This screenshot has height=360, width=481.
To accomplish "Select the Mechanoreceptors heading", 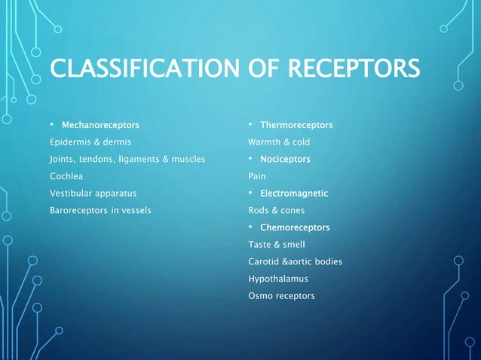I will (x=100, y=124).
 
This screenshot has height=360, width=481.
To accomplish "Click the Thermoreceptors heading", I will (x=296, y=124).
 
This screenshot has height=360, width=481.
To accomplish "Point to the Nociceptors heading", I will (x=285, y=159).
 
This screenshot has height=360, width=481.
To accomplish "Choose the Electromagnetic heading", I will (x=294, y=194).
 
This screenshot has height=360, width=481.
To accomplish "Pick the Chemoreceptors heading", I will (x=295, y=227).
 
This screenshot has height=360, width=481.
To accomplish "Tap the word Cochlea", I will (x=66, y=176).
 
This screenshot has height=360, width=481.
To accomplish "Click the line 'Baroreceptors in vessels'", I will (x=100, y=211).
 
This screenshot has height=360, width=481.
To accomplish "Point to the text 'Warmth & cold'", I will (x=279, y=142).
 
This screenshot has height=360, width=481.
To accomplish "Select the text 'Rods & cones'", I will (x=277, y=211).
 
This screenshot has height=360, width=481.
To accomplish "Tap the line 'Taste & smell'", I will (x=277, y=245).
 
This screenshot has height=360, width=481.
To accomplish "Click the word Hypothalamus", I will (x=278, y=279).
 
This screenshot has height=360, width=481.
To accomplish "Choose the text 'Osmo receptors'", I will (x=281, y=296).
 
